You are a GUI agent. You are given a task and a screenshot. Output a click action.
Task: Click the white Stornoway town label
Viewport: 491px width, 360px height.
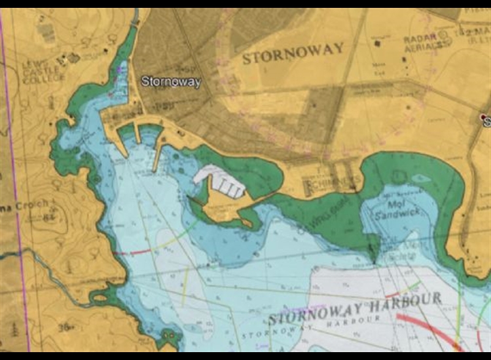coord(171,82)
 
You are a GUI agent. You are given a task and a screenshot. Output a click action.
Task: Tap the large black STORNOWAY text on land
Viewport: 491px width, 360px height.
coord(293,53)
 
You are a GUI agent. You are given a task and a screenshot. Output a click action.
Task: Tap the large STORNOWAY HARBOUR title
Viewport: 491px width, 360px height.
coord(355,308)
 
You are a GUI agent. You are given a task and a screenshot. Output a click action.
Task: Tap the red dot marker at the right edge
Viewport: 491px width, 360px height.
coord(484,117)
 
